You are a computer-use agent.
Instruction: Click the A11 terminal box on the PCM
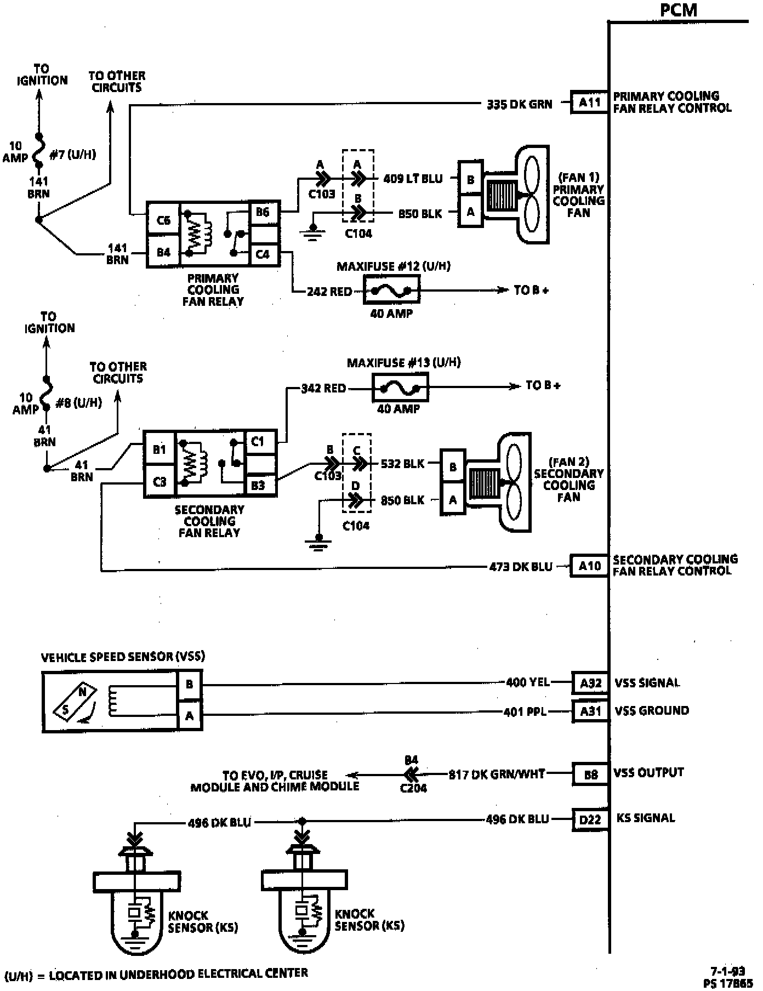[589, 102]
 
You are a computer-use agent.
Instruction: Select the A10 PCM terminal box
[589, 566]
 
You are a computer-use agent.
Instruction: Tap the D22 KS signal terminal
[590, 819]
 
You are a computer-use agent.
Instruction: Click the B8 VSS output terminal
[590, 774]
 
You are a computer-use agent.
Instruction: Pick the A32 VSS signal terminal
[590, 683]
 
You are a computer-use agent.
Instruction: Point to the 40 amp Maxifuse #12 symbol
[391, 289]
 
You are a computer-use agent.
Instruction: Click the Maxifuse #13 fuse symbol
[400, 388]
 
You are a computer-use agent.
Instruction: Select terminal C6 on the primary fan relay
[163, 220]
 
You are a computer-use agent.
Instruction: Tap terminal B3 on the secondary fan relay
[258, 485]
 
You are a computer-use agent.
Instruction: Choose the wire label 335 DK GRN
[519, 104]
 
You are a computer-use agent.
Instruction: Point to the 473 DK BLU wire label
[521, 567]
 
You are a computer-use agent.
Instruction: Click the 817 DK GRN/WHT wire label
[497, 774]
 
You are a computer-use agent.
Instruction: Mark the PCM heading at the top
[679, 10]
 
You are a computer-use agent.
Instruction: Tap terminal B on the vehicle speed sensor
[190, 685]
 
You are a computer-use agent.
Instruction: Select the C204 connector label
[413, 788]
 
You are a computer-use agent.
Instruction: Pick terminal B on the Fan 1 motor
[470, 180]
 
